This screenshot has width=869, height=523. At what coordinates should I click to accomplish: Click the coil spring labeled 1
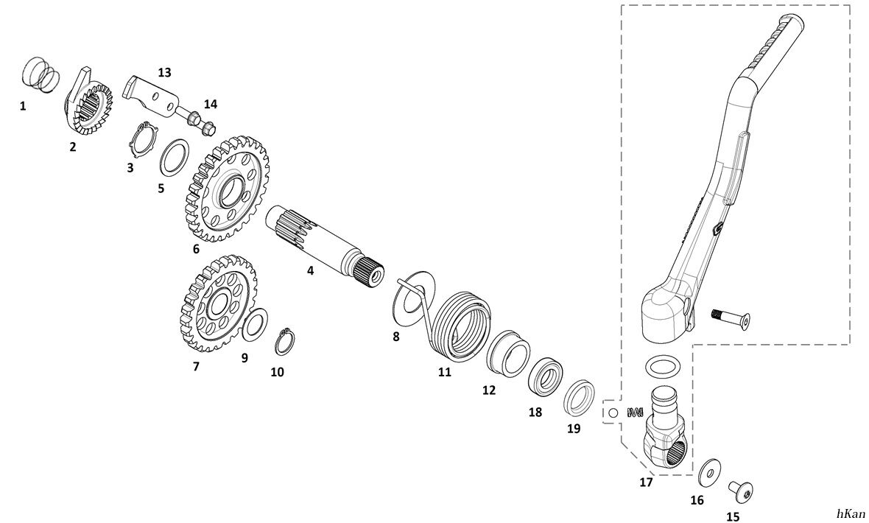[x=39, y=75]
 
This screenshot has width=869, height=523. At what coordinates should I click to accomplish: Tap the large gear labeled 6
[x=225, y=188]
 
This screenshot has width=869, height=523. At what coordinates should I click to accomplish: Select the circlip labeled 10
[x=284, y=343]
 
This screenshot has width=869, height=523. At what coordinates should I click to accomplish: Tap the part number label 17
[x=646, y=483]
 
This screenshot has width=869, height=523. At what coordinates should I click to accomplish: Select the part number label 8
[x=395, y=337]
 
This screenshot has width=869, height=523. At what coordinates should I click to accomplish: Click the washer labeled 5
[x=174, y=155]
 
